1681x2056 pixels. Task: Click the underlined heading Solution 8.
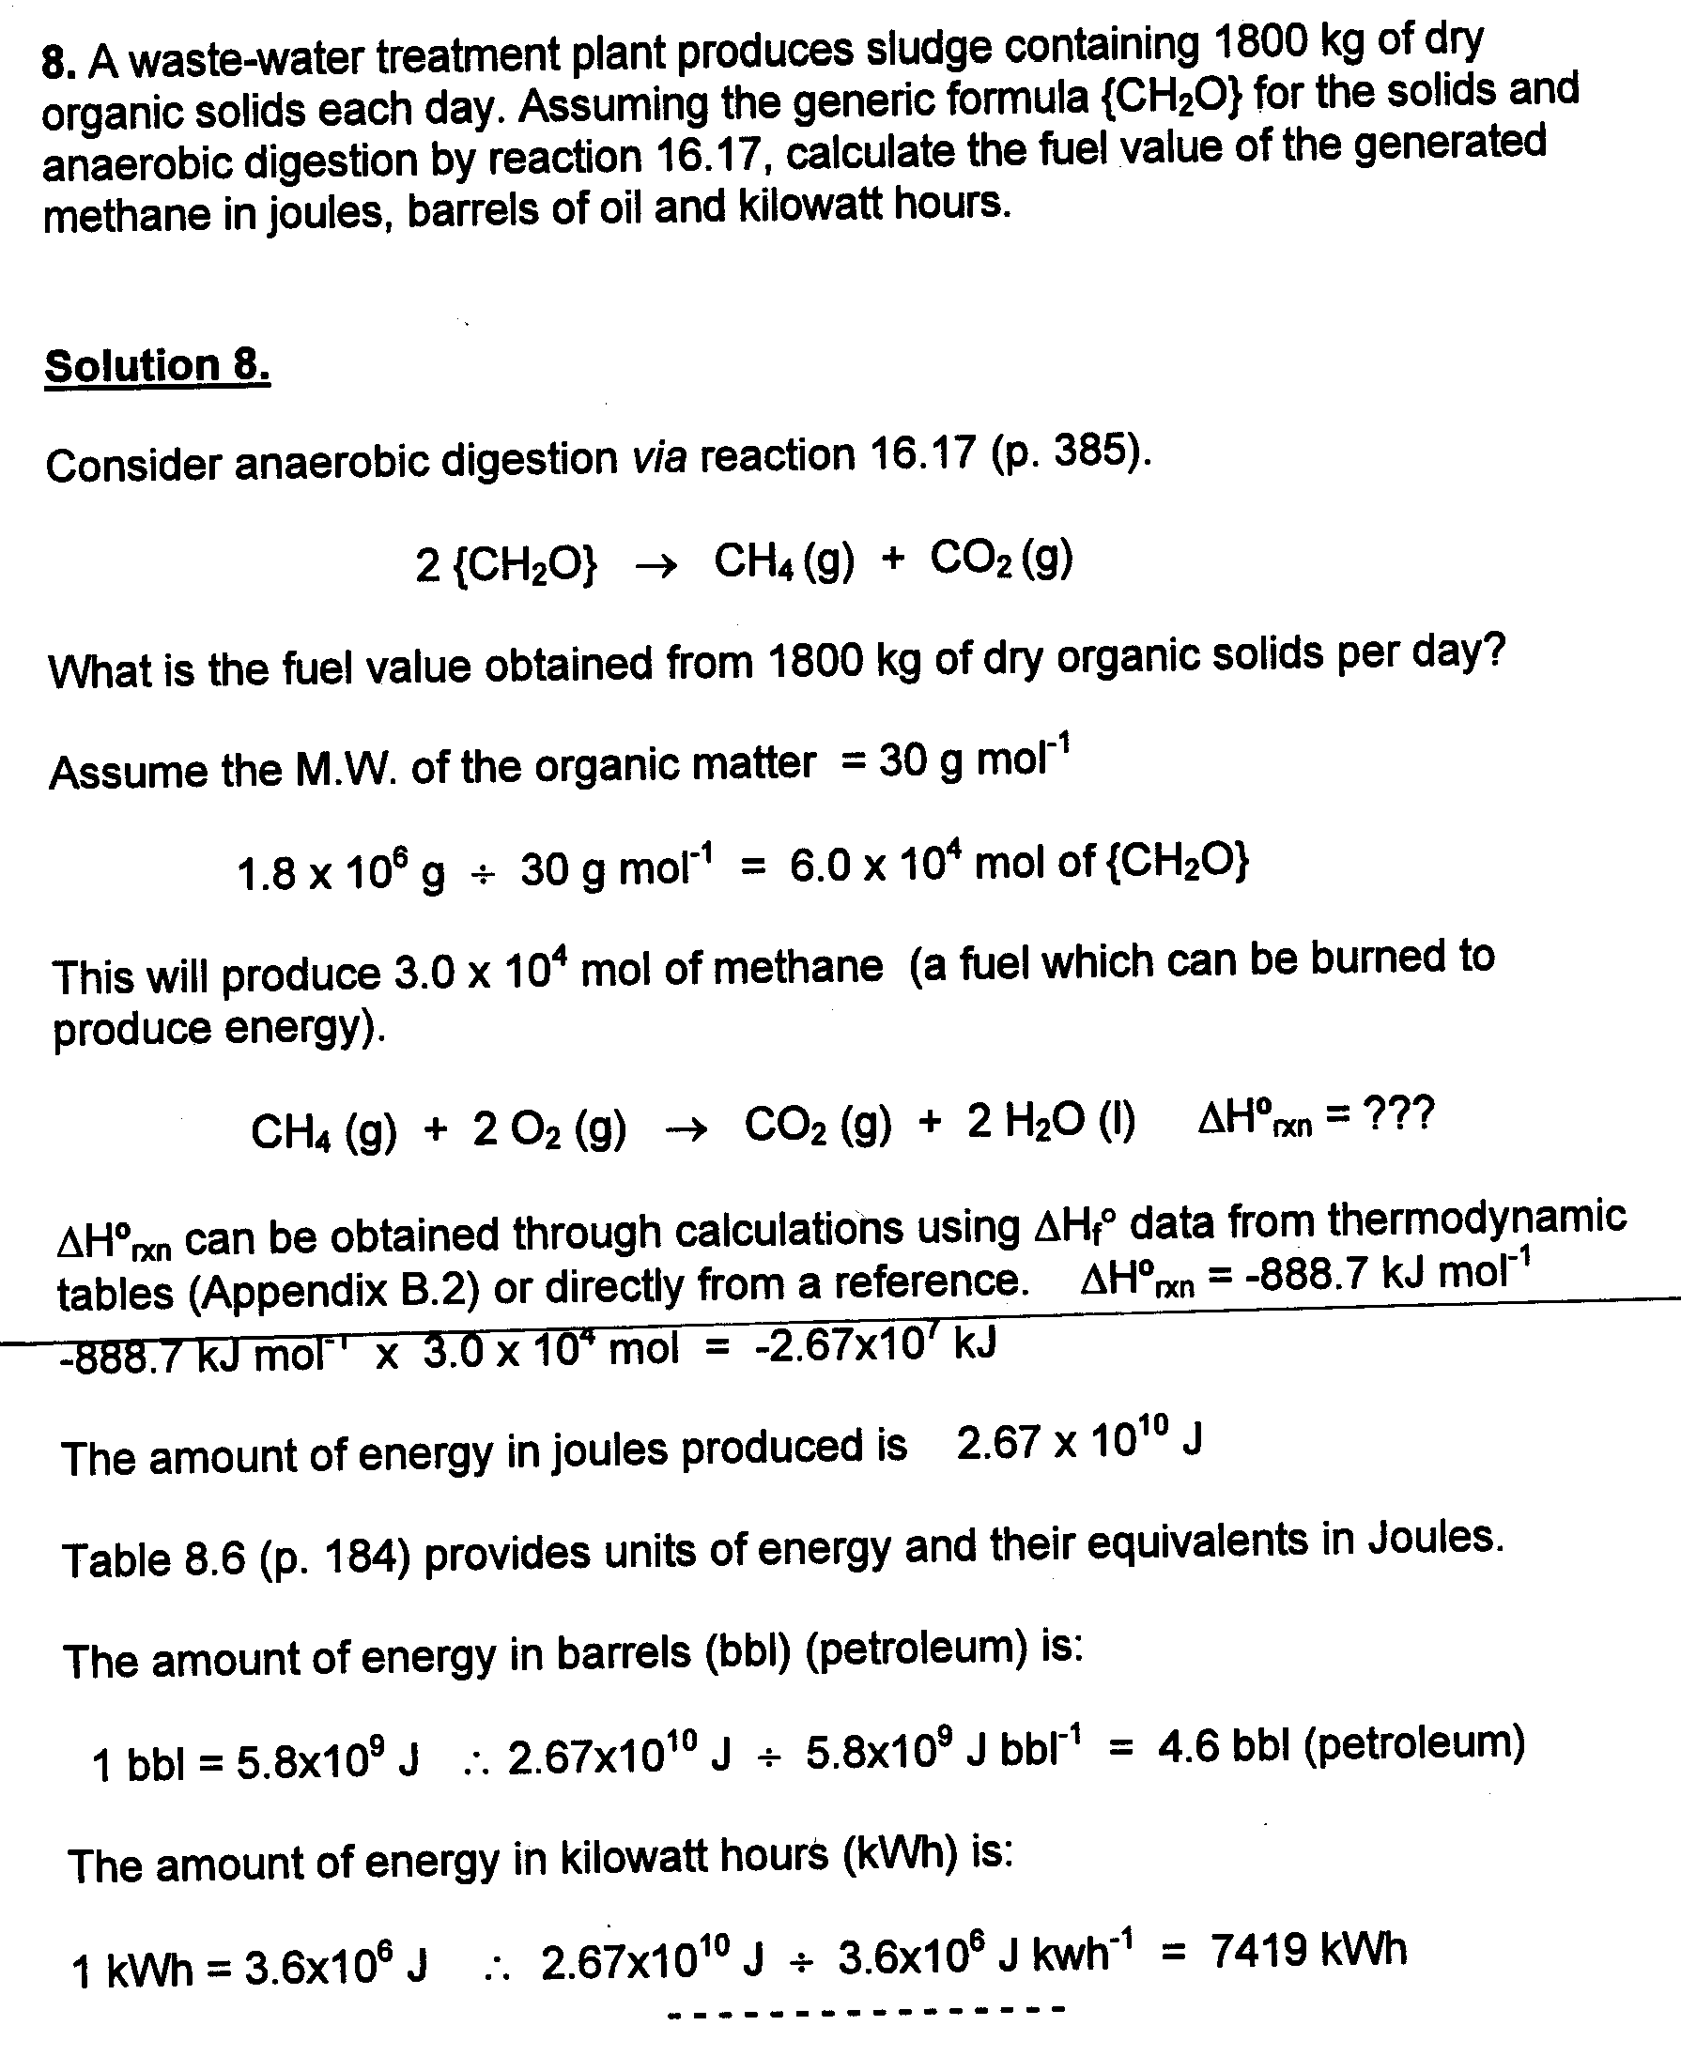[x=157, y=367]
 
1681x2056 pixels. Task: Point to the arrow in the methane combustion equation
[x=686, y=1128]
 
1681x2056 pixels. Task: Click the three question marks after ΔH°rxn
[x=1397, y=1116]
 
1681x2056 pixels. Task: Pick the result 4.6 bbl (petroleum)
[x=1341, y=1743]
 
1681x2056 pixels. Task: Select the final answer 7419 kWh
[x=1307, y=1950]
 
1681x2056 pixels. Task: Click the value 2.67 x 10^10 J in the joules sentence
[x=1079, y=1442]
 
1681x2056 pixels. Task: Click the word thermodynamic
[x=1476, y=1220]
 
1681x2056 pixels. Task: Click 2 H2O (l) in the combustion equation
[x=1051, y=1122]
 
